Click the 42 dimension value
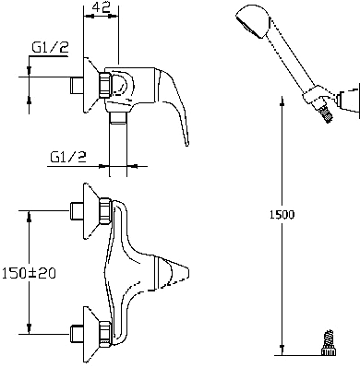(x=102, y=6)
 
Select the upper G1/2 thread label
(x=50, y=48)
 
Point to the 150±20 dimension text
(x=29, y=273)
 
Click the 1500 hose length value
(x=282, y=214)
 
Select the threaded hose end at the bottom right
(x=328, y=343)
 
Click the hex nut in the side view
(x=104, y=85)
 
